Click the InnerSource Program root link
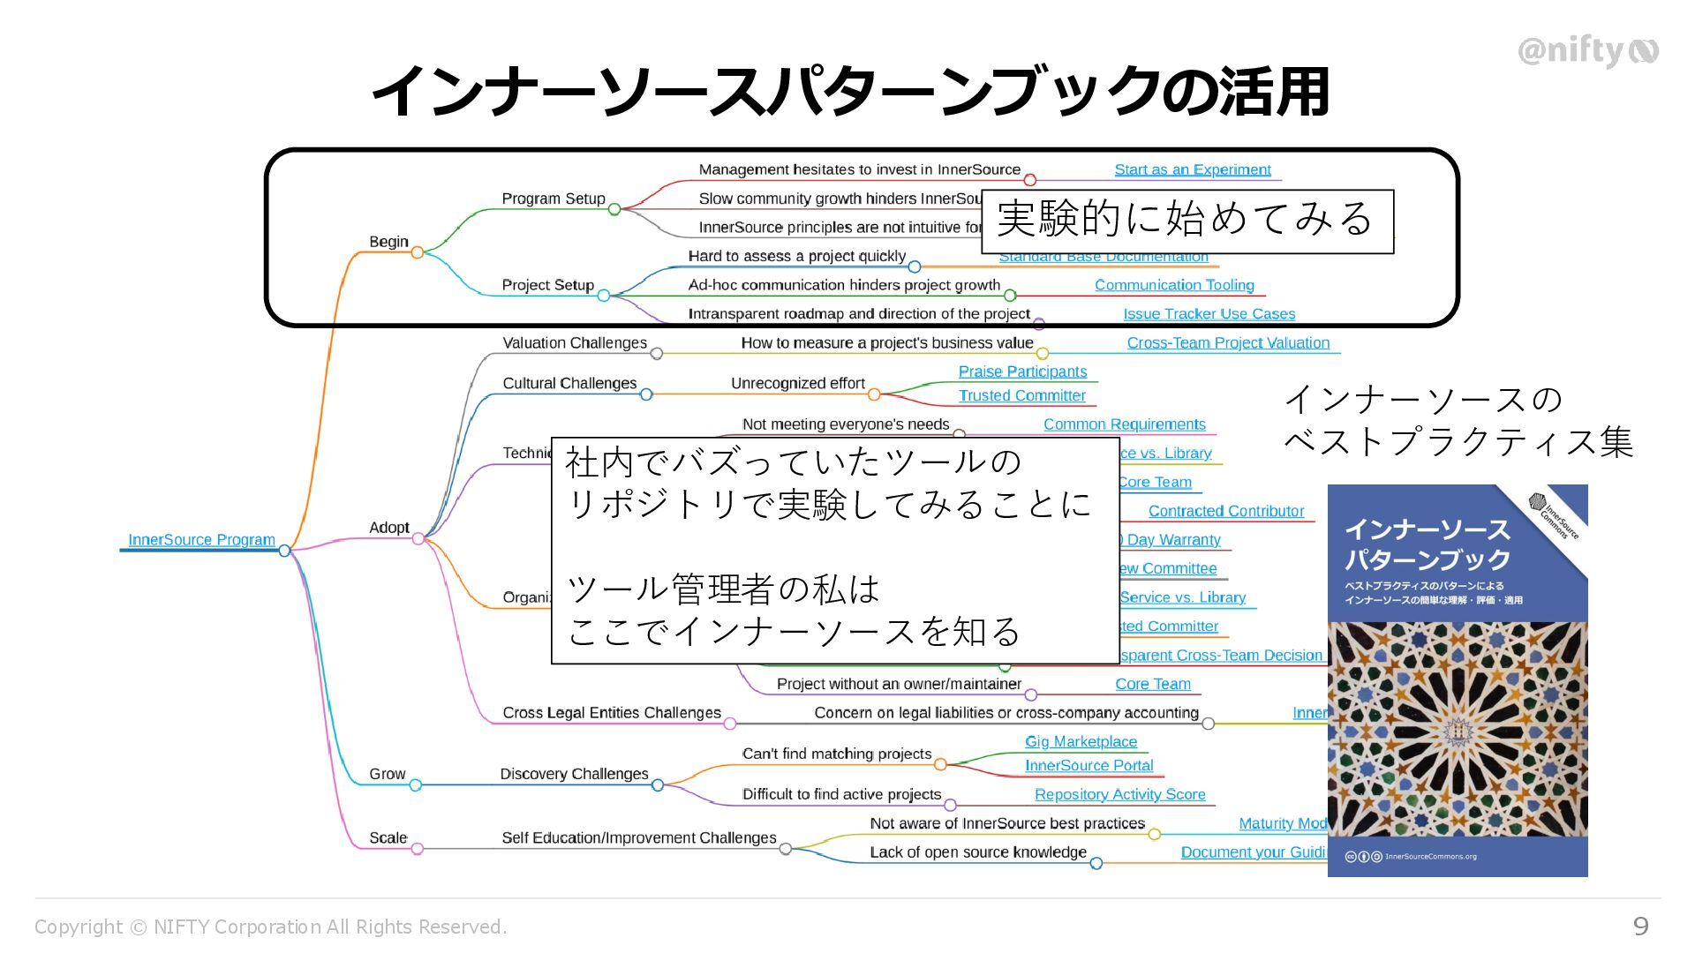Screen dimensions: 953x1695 (x=201, y=539)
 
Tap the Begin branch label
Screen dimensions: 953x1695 (x=388, y=242)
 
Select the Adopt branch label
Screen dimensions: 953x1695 (x=388, y=527)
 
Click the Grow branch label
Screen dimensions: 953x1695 (x=387, y=774)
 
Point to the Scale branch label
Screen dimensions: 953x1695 (x=388, y=837)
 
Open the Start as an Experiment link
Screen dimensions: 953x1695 (x=1192, y=169)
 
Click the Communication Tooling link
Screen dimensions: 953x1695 (x=1174, y=285)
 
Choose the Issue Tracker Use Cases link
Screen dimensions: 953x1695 (x=1209, y=314)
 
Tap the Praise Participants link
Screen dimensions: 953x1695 (x=1022, y=371)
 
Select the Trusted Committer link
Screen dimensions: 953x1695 (x=1021, y=395)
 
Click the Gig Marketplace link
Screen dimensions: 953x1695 (x=1081, y=741)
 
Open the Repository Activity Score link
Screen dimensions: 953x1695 (x=1119, y=794)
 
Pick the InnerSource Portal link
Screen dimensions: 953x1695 (x=1089, y=765)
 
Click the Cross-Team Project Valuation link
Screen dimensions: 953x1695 (x=1227, y=342)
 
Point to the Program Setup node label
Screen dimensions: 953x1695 (x=554, y=199)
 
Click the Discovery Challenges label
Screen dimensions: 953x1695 (x=574, y=774)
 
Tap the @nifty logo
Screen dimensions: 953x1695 (x=1587, y=51)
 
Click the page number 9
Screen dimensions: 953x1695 (x=1640, y=926)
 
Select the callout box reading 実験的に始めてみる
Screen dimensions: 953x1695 (x=1186, y=221)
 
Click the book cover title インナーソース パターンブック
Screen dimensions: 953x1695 (x=1428, y=544)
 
